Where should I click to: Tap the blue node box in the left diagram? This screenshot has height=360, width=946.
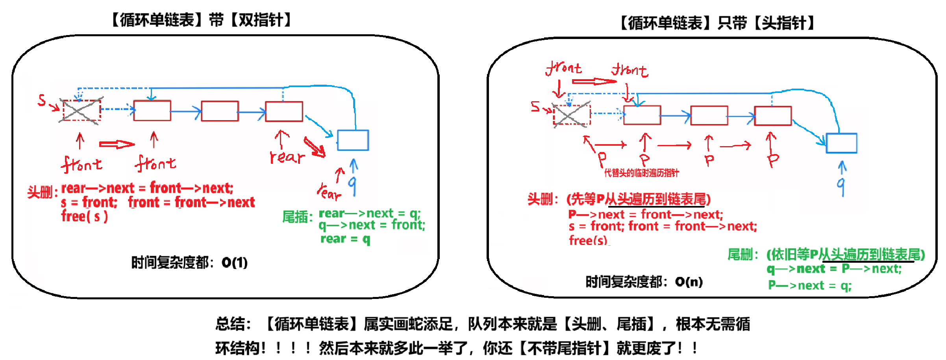point(353,140)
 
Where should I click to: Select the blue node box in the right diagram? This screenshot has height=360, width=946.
point(841,143)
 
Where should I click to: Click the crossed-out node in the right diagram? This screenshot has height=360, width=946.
point(572,115)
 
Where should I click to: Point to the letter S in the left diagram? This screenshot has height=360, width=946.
point(42,100)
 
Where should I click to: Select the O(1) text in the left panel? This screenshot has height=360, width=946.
point(235,262)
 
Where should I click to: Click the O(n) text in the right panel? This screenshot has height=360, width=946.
point(689,282)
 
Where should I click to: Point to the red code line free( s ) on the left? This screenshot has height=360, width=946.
point(84,217)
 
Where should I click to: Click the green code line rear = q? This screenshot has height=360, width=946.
point(345,239)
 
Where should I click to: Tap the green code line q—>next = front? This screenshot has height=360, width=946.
point(372,225)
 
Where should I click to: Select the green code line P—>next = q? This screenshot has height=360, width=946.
point(809,285)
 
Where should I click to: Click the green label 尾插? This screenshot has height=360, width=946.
point(297,217)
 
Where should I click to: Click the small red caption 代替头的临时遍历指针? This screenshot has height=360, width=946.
point(642,173)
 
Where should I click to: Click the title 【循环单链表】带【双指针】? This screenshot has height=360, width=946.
point(201,20)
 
